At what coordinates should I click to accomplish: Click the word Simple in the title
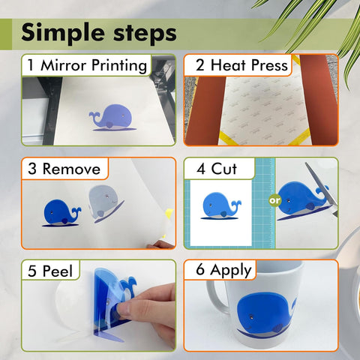[x=63, y=33]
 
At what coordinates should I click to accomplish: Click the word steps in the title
[x=145, y=33]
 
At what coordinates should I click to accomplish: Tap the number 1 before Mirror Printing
[x=31, y=65]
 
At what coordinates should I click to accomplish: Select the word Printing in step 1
[x=119, y=66]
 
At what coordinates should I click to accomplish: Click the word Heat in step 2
[x=228, y=65]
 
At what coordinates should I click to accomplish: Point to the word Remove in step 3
[x=71, y=169]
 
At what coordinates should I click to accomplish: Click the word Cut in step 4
[x=223, y=169]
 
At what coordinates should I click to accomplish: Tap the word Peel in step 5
[x=58, y=271]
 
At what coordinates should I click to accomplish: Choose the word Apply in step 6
[x=231, y=271]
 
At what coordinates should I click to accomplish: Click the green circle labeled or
[x=275, y=200]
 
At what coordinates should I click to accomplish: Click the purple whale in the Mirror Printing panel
[x=112, y=118]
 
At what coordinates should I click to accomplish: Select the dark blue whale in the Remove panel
[x=62, y=213]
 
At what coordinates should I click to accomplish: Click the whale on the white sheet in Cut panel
[x=220, y=205]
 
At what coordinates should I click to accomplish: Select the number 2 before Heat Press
[x=200, y=65]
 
